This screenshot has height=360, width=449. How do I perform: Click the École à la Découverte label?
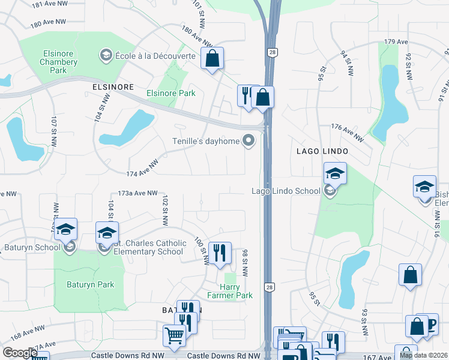155,56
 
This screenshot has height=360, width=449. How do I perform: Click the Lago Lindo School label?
285,191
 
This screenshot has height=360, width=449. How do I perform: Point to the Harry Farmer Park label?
230,291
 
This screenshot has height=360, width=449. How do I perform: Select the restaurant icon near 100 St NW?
220,252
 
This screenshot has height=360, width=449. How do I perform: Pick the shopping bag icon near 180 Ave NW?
212,58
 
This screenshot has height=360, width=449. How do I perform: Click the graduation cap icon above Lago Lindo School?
335,173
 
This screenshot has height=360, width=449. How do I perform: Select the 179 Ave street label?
396,43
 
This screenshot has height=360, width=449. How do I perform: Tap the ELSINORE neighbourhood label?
113,87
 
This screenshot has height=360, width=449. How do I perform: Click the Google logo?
20,353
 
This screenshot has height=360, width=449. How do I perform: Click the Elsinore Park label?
171,93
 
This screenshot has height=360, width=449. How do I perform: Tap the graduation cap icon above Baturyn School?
65,229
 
